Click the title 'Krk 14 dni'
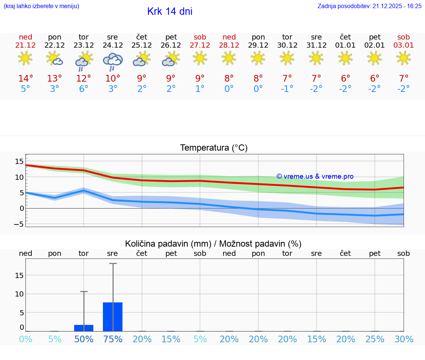pyautogui.click(x=170, y=11)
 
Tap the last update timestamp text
pyautogui.click(x=369, y=6)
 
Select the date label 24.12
pyautogui.click(x=113, y=45)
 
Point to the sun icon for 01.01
pyautogui.click(x=345, y=58)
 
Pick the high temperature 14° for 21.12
pyautogui.click(x=25, y=79)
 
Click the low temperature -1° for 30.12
pyautogui.click(x=287, y=89)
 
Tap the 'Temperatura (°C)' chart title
pyautogui.click(x=214, y=148)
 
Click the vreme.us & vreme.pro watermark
pyautogui.click(x=315, y=176)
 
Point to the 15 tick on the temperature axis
pyautogui.click(x=19, y=161)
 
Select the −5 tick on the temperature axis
pyautogui.click(x=19, y=224)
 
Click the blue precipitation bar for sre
pyautogui.click(x=113, y=317)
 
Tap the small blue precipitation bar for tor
pyautogui.click(x=84, y=328)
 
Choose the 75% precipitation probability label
pyautogui.click(x=113, y=339)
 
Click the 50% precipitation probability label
pyautogui.click(x=84, y=339)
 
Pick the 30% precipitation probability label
pyautogui.click(x=404, y=339)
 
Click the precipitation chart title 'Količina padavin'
pyautogui.click(x=213, y=244)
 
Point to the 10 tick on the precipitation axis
pyautogui.click(x=19, y=294)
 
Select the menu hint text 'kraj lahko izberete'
pyautogui.click(x=41, y=6)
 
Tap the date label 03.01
pyautogui.click(x=404, y=45)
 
